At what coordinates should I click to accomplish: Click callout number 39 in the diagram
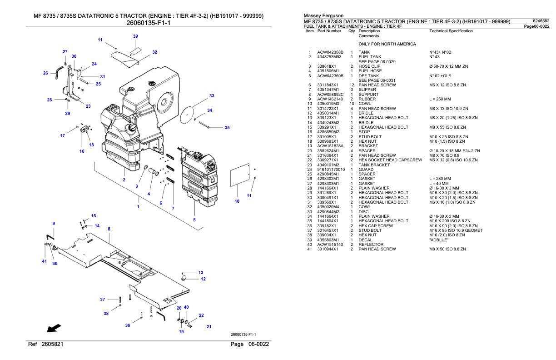click(x=135, y=36)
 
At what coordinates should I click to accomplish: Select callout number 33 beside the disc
click(x=212, y=96)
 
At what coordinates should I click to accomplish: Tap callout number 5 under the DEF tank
click(x=194, y=220)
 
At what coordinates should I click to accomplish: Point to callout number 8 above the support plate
click(x=109, y=229)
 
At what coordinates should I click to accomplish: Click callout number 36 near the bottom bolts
click(x=128, y=325)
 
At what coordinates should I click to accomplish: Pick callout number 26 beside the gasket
click(x=45, y=73)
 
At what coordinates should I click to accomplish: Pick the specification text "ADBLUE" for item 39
click(x=439, y=240)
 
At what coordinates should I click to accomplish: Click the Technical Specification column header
click(x=451, y=31)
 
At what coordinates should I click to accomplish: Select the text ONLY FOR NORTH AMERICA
click(x=387, y=44)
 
